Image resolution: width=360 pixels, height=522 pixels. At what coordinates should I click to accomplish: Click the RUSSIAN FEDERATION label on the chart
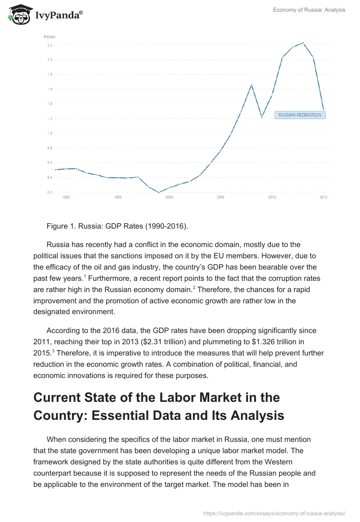tap(300, 115)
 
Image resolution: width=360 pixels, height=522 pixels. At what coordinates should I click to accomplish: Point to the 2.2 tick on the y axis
tap(49, 45)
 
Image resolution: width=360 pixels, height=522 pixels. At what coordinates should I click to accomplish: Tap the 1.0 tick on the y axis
tap(49, 133)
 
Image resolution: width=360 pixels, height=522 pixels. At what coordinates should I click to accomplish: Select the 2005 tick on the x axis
tap(220, 197)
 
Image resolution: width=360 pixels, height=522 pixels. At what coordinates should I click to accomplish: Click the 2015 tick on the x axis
tap(323, 197)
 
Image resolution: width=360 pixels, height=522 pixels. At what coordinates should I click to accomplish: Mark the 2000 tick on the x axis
tap(169, 197)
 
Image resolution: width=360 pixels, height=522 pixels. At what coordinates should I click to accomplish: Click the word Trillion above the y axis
tap(49, 37)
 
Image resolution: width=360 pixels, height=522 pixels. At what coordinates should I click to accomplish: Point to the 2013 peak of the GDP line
tap(303, 43)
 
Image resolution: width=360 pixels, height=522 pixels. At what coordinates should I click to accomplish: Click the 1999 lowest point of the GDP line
tap(159, 192)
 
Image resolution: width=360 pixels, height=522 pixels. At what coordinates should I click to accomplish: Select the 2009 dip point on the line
tap(261, 117)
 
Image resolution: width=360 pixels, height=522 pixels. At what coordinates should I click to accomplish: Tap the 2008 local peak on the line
tap(251, 85)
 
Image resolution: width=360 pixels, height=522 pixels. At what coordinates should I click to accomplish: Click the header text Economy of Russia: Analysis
tap(309, 10)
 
